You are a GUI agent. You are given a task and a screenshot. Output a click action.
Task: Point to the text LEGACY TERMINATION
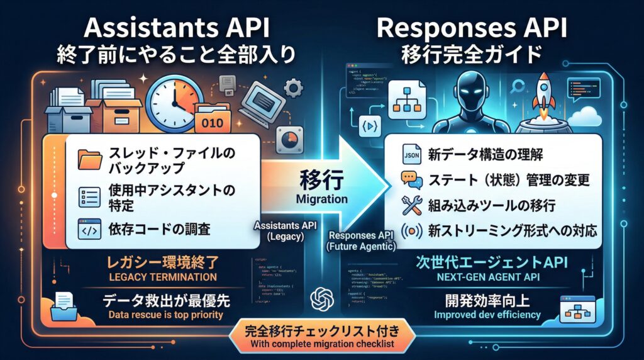[162, 277]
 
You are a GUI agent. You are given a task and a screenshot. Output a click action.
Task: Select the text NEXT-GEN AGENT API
[483, 277]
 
